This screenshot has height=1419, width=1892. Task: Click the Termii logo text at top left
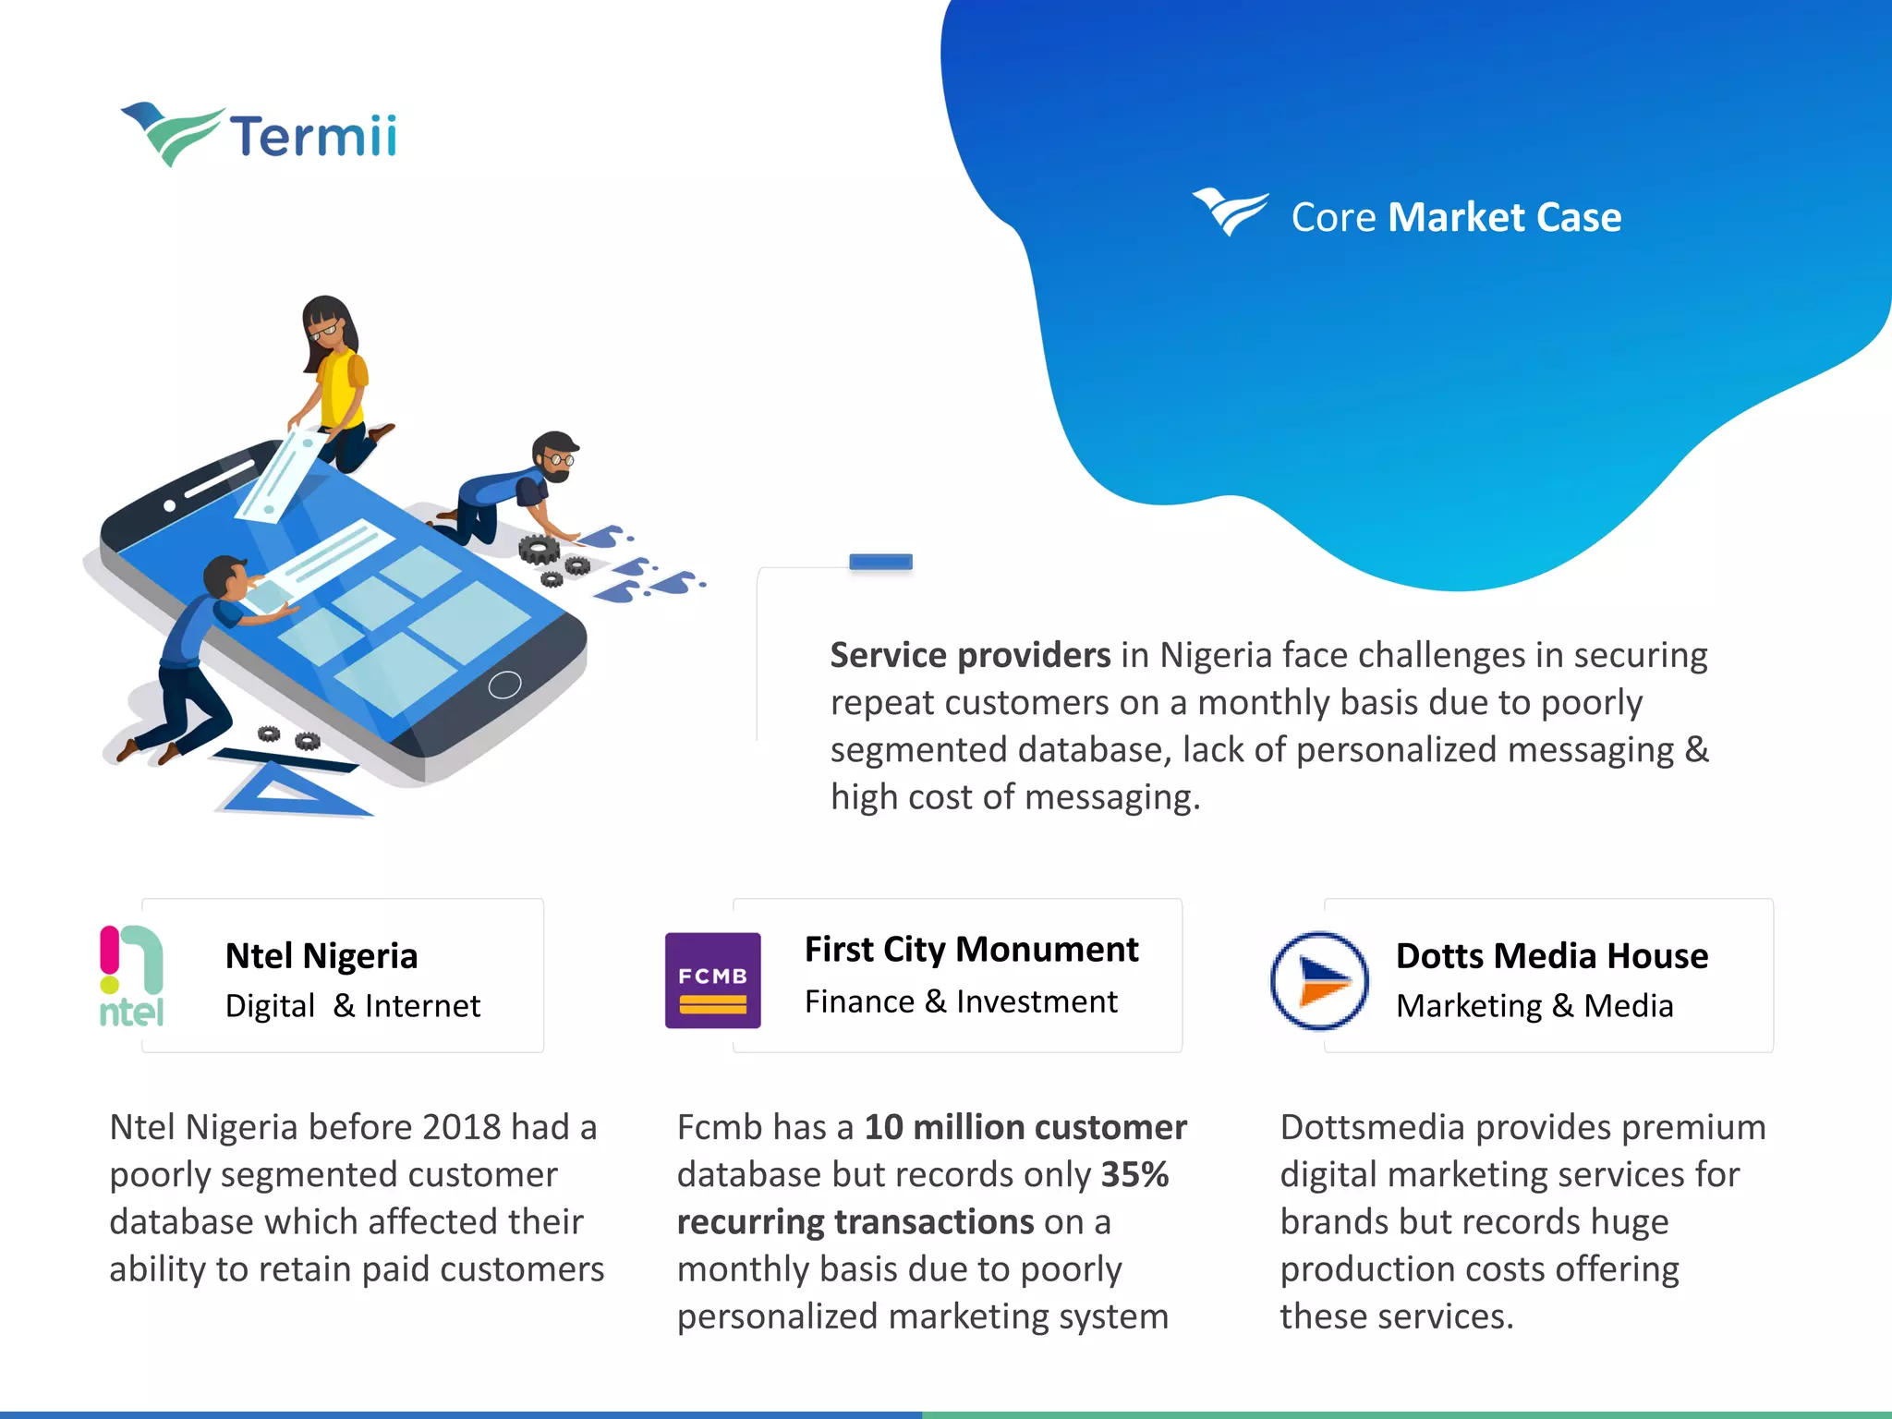click(312, 137)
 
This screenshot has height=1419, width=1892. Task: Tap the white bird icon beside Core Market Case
click(1230, 212)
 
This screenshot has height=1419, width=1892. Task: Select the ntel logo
click(131, 976)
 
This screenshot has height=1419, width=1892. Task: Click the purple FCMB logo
click(712, 980)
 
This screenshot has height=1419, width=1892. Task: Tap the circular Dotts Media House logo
click(1319, 980)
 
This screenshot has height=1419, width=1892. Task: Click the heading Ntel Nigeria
click(321, 956)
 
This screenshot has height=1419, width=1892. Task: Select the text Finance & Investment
click(961, 1001)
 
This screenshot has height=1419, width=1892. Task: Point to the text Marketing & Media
click(1534, 1006)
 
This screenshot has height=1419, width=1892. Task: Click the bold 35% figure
click(1134, 1175)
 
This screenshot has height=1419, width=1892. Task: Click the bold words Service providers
click(970, 655)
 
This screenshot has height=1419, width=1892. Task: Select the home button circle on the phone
click(504, 685)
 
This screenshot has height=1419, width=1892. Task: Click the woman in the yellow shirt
click(334, 379)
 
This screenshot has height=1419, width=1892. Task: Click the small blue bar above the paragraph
click(880, 562)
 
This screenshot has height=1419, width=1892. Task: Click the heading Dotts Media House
click(1552, 956)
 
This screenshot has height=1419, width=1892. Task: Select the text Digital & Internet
click(353, 1006)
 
